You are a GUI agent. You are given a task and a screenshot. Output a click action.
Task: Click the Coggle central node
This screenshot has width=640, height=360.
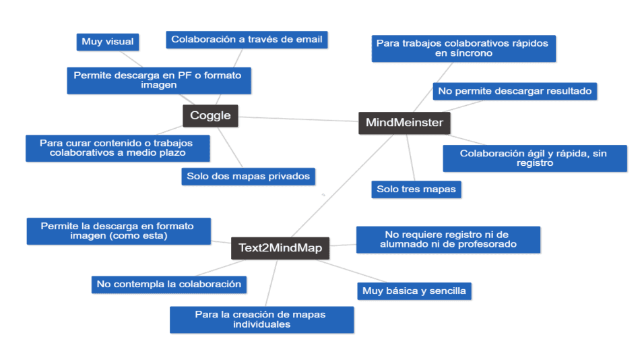[210, 115]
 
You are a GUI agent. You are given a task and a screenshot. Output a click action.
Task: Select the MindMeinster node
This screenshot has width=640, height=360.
[404, 123]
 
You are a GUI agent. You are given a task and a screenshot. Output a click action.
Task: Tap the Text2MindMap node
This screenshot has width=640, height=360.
[280, 248]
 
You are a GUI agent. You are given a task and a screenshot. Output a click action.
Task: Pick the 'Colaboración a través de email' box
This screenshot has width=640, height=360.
[247, 40]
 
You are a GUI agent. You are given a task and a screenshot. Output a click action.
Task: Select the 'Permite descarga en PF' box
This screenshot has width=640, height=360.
[158, 80]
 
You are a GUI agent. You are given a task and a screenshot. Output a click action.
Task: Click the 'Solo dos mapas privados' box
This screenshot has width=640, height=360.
[249, 177]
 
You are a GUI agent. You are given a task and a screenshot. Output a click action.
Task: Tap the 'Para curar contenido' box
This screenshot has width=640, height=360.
[118, 148]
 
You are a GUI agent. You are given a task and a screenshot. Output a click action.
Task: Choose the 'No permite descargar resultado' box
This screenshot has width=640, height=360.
[515, 91]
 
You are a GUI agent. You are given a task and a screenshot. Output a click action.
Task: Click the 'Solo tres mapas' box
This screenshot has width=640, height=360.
[416, 189]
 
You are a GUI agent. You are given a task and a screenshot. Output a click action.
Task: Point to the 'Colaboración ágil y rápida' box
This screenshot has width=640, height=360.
[535, 158]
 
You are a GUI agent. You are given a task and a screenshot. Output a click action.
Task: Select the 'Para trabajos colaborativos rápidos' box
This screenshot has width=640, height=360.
[463, 48]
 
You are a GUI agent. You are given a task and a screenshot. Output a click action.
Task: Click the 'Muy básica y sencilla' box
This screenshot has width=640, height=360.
[414, 291]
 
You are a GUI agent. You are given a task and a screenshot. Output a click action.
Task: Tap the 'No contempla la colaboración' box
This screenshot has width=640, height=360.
[169, 284]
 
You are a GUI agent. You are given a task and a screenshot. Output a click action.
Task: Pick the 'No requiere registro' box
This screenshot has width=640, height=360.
[448, 239]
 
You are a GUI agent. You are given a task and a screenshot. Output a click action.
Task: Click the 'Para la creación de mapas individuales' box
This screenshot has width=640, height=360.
[261, 320]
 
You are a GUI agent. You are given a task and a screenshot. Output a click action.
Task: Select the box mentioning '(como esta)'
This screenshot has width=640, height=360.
[119, 231]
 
